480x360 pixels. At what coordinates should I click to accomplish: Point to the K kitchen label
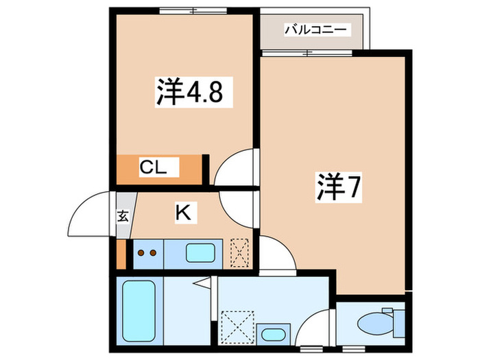point(182,213)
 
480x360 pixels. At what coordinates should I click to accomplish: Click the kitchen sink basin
point(201,253)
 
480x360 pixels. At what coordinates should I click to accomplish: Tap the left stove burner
point(141,253)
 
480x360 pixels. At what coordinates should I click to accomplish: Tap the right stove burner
point(154,253)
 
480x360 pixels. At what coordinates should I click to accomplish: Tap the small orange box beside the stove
point(121,253)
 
